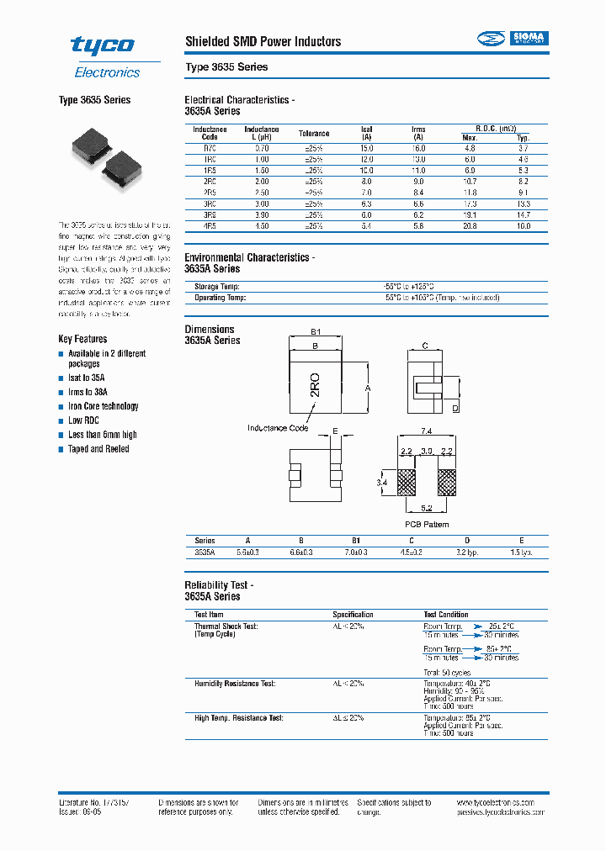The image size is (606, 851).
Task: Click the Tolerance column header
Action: coord(314,134)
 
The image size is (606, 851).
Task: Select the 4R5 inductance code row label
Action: coord(210,226)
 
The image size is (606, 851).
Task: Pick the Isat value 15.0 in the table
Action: coord(367,148)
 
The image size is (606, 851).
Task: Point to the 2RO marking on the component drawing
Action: coord(316,383)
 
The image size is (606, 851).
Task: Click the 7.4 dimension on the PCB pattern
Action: coord(427,431)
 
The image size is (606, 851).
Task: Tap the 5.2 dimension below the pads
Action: coord(427,508)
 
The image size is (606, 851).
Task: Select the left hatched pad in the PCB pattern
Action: coord(407,483)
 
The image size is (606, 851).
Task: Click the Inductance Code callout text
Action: coord(277,428)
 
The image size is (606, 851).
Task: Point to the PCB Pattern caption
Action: coord(427,524)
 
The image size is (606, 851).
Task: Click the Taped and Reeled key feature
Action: coord(98,449)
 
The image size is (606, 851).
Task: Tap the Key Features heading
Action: coord(82,339)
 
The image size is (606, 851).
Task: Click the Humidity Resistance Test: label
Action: coord(235,684)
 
